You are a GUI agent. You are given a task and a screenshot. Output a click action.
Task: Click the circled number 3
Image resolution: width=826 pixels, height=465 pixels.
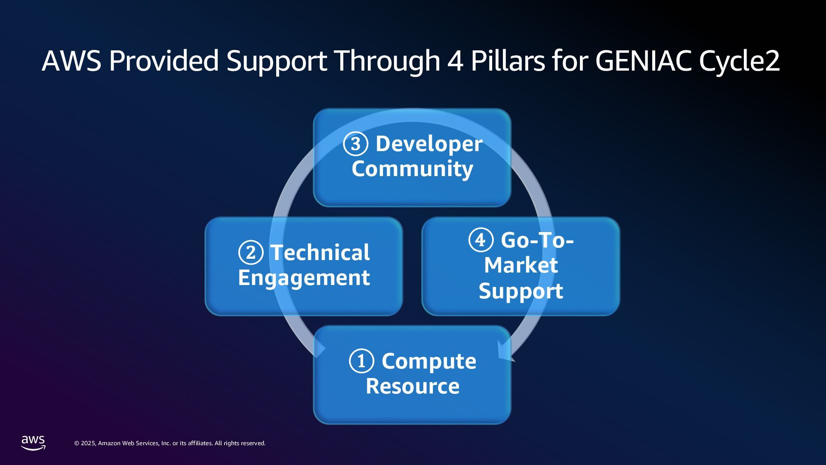(355, 144)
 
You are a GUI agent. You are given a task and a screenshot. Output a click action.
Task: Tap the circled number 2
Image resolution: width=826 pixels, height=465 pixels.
(250, 253)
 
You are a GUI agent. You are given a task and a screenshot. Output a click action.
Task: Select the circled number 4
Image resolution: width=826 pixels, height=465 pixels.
(481, 240)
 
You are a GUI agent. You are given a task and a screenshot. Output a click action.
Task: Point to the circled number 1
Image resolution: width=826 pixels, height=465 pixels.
(361, 361)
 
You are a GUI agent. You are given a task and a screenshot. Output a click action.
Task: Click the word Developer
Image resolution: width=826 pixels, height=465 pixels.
(429, 144)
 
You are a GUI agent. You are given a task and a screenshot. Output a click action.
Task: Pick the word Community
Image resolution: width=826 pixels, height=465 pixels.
(412, 169)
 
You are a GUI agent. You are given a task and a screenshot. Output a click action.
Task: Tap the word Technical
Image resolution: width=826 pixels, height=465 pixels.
(320, 253)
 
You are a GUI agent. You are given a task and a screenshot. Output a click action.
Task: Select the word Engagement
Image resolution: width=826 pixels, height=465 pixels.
(304, 278)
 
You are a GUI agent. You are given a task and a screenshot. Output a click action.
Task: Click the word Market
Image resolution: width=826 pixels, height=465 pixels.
(521, 265)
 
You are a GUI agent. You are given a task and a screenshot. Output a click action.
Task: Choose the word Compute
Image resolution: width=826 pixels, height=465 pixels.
(429, 361)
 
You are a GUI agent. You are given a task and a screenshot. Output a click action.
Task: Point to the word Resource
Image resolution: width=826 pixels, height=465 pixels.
(413, 386)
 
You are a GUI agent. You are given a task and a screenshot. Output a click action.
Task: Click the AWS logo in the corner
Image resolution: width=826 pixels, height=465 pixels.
(33, 443)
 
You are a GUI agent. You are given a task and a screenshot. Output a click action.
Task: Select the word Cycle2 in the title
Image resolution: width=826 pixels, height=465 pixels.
(739, 62)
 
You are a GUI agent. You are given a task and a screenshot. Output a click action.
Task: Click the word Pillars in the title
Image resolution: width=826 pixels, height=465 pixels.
(508, 61)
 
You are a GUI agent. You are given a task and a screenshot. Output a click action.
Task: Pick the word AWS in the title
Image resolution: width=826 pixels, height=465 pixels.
(71, 61)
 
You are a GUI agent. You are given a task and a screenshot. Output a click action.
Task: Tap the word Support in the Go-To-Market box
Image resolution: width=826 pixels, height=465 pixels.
(521, 291)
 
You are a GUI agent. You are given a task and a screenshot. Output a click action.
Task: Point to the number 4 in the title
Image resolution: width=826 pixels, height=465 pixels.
(455, 61)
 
